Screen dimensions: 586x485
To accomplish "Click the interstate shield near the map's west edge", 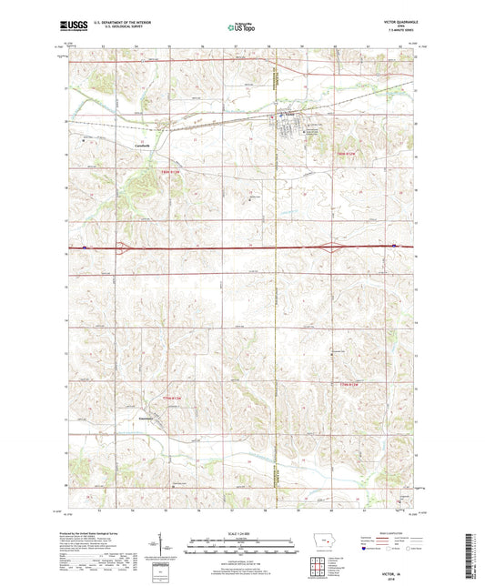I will tap(84, 245).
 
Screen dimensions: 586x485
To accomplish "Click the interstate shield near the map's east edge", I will tap(393, 245).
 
